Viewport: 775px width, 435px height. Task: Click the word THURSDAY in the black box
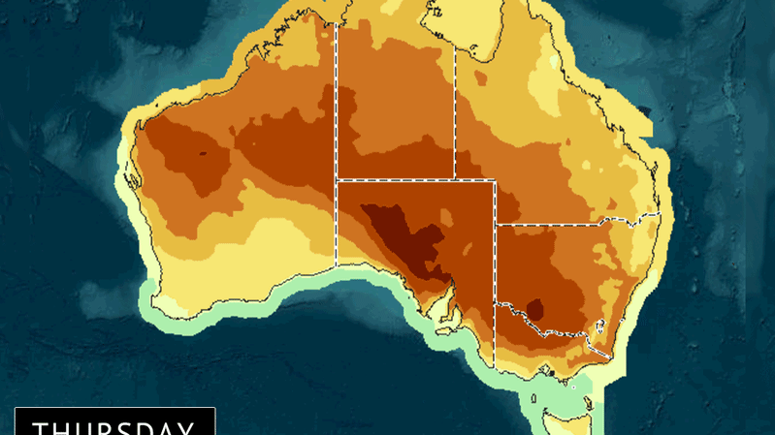click(113, 427)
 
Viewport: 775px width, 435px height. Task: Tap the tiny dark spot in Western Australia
click(204, 152)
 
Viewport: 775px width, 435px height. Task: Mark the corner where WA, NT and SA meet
click(338, 180)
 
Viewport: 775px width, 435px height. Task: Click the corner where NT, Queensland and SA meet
click(455, 180)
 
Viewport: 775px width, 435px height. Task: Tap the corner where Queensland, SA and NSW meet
click(496, 226)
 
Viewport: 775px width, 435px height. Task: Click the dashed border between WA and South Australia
click(338, 223)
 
